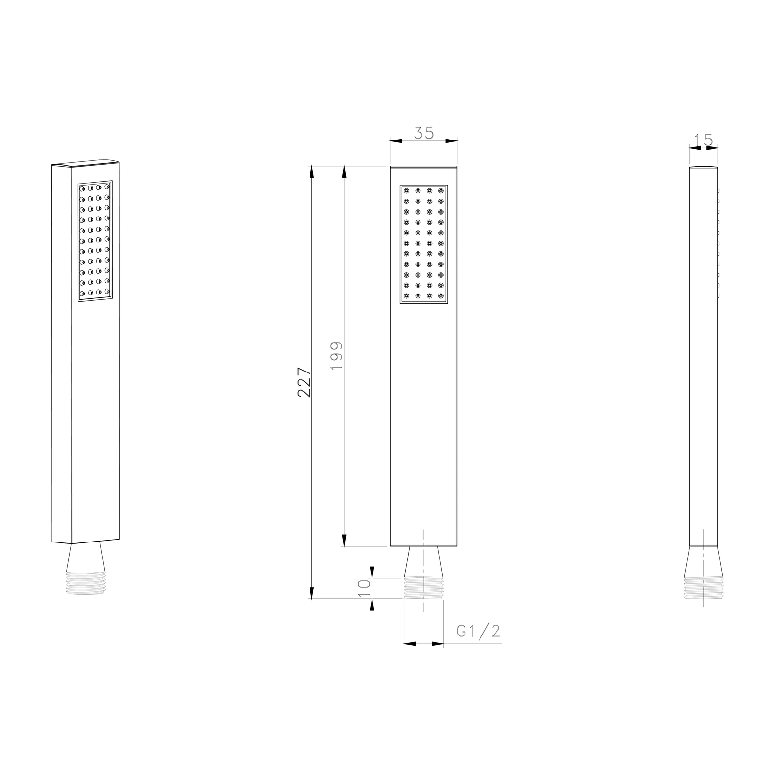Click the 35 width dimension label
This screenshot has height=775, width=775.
point(424,133)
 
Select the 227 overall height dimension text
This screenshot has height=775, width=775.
point(304,382)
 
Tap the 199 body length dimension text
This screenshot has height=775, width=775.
point(337,356)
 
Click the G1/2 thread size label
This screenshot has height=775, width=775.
point(478,631)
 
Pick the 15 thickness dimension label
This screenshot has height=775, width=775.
point(703,140)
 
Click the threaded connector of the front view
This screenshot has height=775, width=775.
point(424,588)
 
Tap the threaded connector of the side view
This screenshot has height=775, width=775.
point(703,588)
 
